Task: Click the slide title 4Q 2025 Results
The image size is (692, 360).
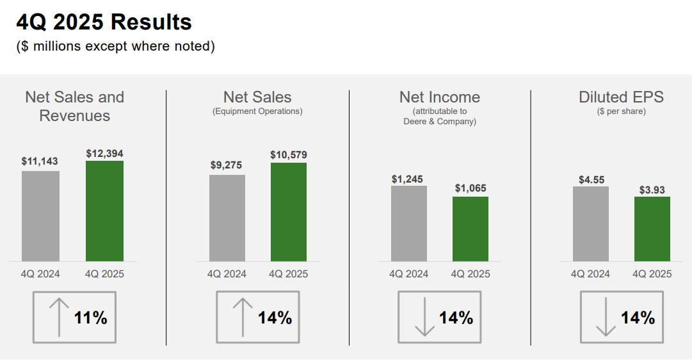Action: tap(104, 22)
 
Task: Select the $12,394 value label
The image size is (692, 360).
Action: tap(104, 154)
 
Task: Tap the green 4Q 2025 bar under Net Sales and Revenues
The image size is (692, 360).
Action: tap(104, 211)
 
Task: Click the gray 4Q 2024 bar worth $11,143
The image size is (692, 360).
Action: tap(40, 216)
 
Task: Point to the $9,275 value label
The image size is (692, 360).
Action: tap(227, 165)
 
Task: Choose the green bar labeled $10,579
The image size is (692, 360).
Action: tap(289, 212)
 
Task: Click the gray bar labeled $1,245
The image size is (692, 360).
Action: tap(409, 224)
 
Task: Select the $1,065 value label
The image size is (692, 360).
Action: tap(471, 188)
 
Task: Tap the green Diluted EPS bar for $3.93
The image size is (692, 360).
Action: tap(652, 229)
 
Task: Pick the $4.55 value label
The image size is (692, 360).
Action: tap(590, 180)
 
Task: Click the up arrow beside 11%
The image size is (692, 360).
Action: tap(59, 317)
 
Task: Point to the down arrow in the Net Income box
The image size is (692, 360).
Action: tap(424, 317)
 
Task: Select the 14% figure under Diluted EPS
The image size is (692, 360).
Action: tap(638, 318)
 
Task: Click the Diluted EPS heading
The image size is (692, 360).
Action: tap(621, 97)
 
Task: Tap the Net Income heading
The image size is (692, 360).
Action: tap(440, 97)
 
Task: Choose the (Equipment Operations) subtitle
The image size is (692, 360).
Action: tap(257, 111)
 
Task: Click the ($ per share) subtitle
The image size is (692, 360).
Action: tap(621, 111)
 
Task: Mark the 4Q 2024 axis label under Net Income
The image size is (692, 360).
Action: tap(409, 274)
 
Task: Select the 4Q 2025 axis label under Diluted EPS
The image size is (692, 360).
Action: tap(652, 274)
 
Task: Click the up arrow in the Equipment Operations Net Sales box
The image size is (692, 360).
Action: tap(242, 317)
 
